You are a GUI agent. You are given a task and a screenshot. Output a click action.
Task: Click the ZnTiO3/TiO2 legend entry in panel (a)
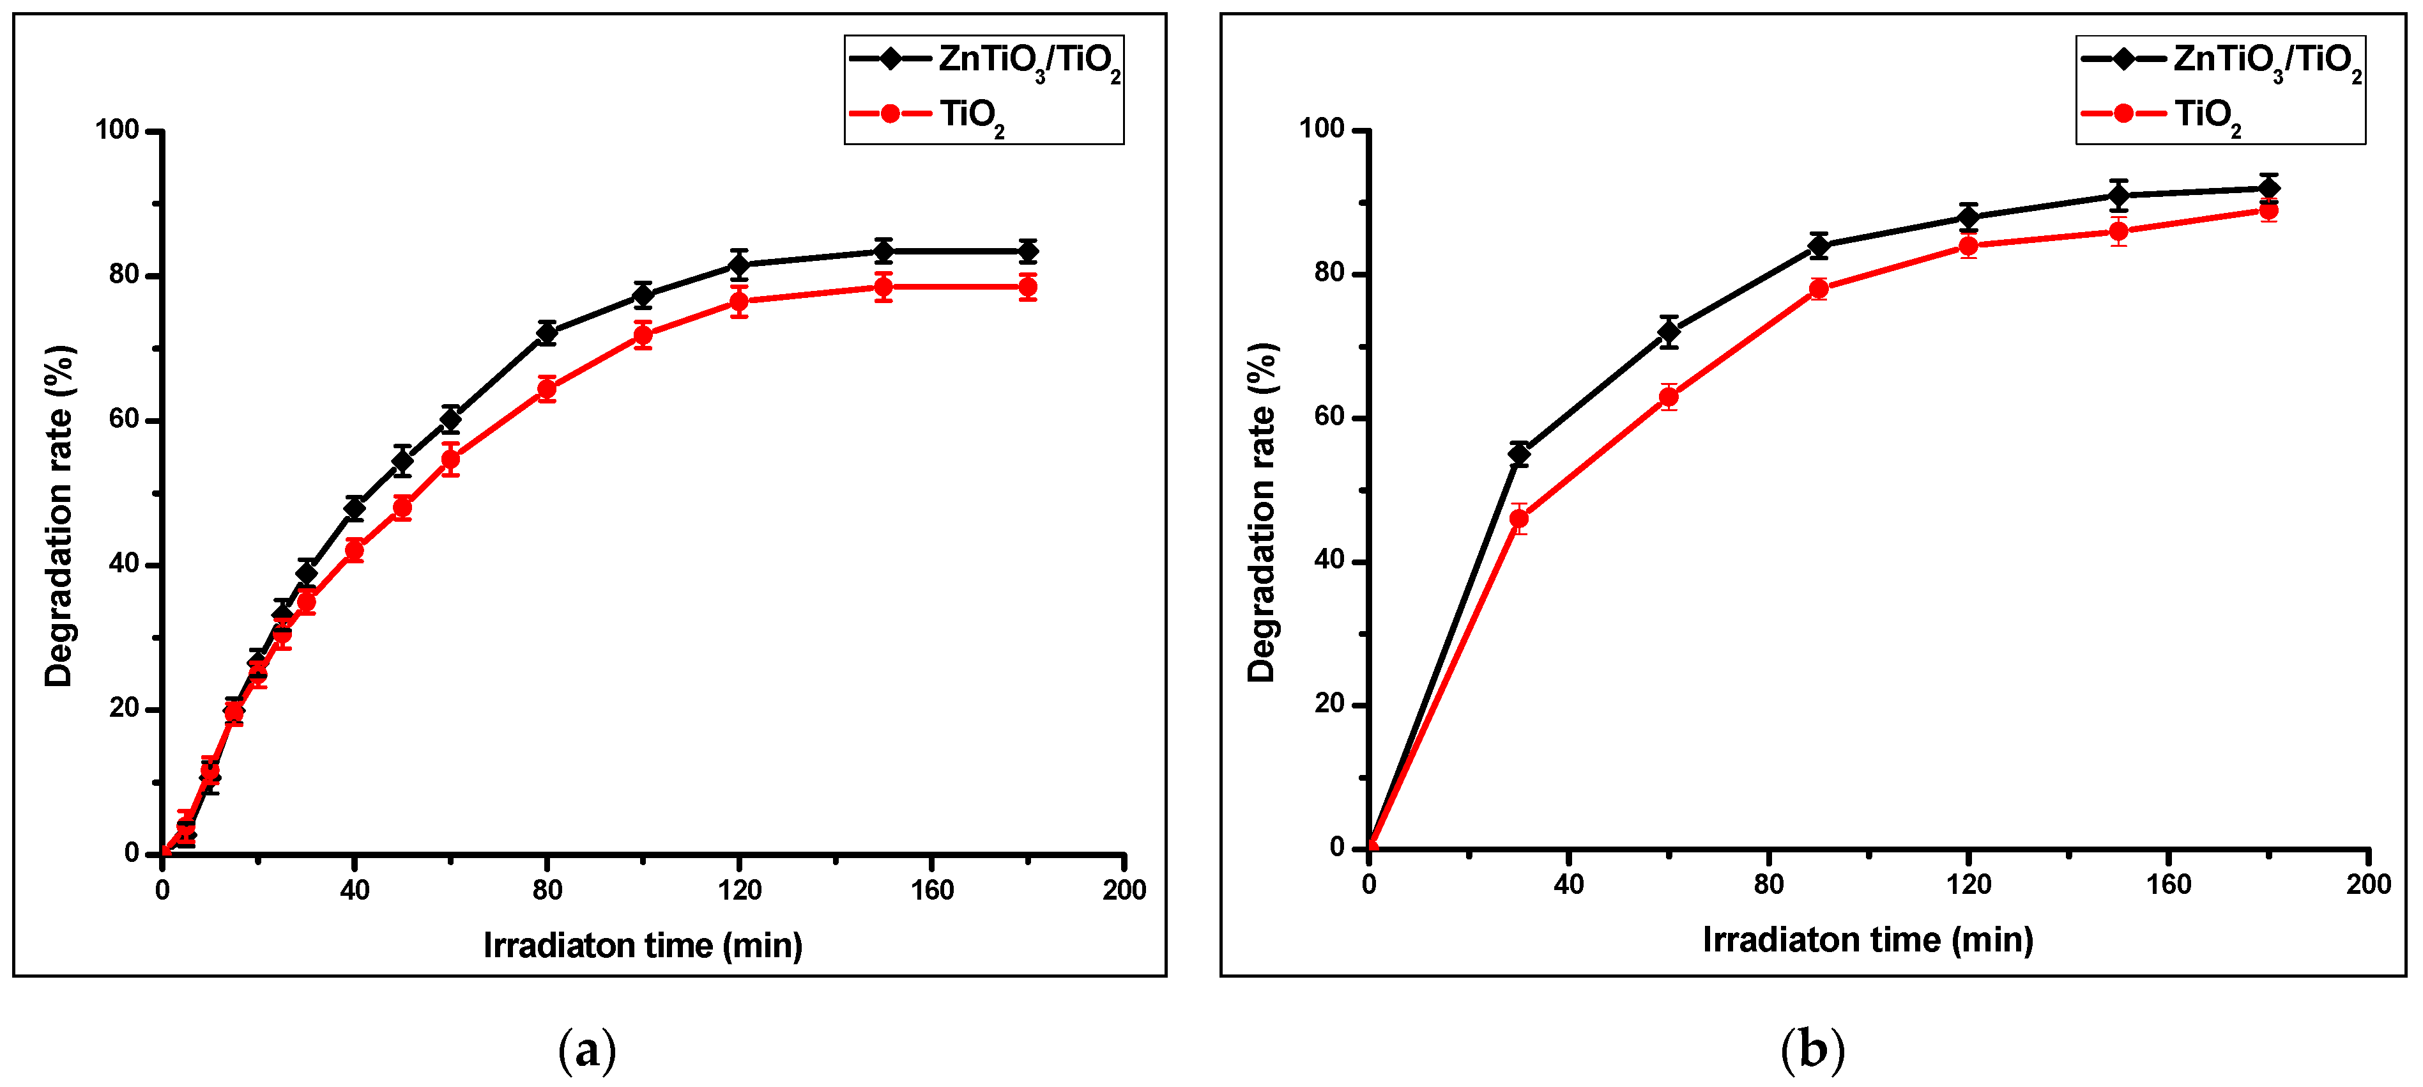[983, 60]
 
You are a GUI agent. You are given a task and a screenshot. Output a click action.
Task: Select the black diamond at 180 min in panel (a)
[1027, 251]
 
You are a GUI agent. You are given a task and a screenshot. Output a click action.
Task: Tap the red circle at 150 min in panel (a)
[882, 287]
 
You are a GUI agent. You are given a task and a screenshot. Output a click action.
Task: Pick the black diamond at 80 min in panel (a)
[546, 332]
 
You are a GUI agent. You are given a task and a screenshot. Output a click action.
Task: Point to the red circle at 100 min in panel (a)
[643, 335]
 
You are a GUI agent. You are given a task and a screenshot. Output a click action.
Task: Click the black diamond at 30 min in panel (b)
[1518, 455]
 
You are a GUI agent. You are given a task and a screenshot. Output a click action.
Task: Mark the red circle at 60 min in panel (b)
[1668, 397]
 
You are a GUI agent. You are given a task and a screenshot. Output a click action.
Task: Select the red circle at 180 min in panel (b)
[2268, 211]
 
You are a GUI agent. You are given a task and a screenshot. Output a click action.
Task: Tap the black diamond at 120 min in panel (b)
[1968, 217]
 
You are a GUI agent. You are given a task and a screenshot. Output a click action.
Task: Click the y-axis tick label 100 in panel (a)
[117, 130]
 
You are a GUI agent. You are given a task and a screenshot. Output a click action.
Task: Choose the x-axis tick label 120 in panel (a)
[738, 889]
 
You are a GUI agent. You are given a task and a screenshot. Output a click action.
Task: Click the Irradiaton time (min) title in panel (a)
[643, 945]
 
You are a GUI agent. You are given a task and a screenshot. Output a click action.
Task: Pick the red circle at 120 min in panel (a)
[738, 302]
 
